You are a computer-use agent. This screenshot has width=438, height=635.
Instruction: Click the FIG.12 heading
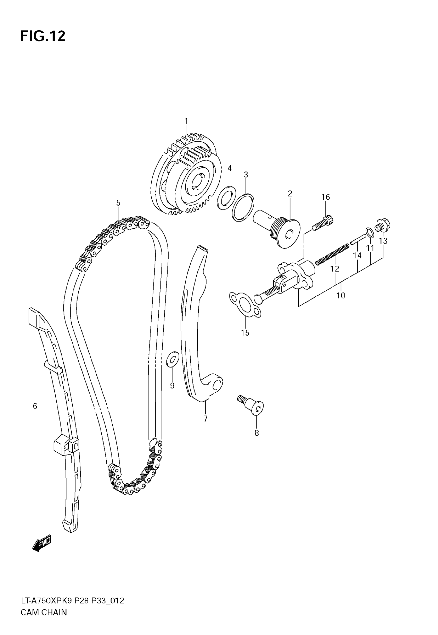(x=43, y=36)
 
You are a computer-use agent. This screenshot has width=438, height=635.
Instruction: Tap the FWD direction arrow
(x=41, y=543)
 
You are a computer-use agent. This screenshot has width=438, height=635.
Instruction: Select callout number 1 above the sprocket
(x=186, y=121)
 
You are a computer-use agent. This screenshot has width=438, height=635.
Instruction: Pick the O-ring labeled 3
(x=243, y=207)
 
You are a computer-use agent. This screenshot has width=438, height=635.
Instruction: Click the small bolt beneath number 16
(x=323, y=223)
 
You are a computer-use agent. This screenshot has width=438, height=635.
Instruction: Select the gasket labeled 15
(x=245, y=305)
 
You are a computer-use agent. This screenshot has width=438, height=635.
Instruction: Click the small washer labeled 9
(x=173, y=359)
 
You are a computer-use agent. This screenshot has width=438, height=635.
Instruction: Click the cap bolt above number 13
(x=383, y=225)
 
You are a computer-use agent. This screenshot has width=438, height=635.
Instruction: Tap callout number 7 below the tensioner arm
(x=205, y=419)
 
